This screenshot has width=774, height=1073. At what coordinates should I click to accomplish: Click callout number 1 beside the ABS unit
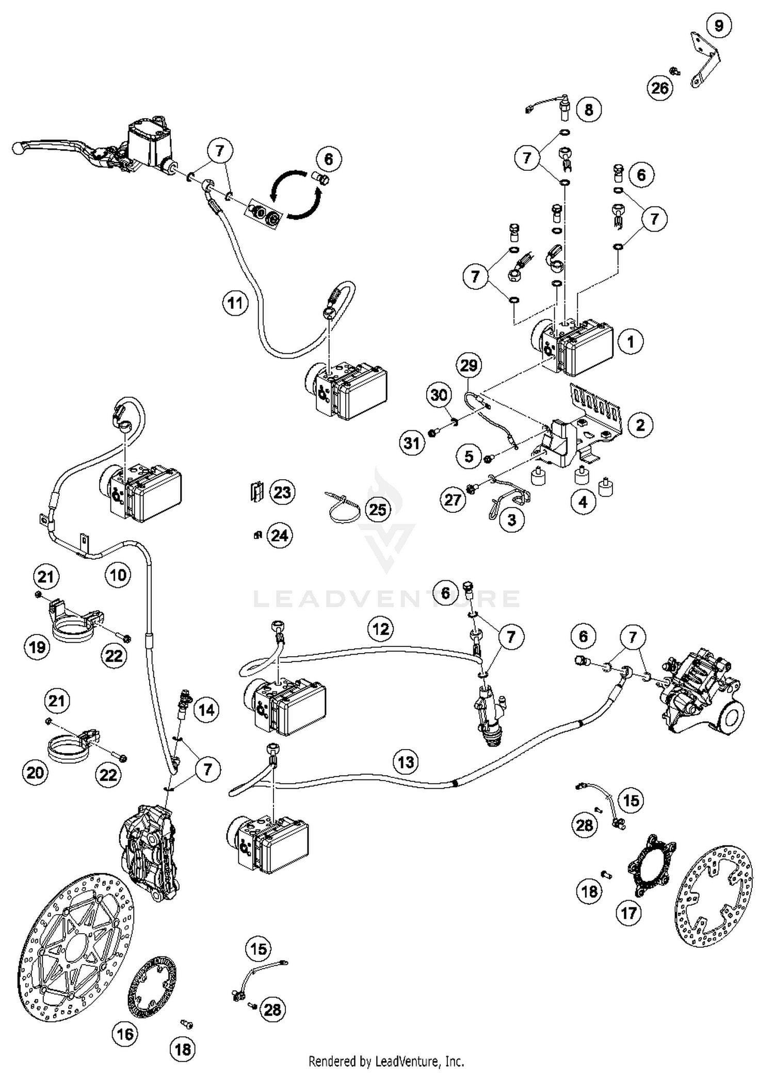click(x=630, y=342)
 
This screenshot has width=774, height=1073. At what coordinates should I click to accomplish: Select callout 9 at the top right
click(x=719, y=25)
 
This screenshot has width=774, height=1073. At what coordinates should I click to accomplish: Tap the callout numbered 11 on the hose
click(x=235, y=303)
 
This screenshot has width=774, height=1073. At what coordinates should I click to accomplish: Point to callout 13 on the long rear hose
click(x=406, y=761)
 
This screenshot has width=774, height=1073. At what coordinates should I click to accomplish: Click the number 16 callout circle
click(x=125, y=1034)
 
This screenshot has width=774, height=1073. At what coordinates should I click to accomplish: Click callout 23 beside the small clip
click(x=282, y=492)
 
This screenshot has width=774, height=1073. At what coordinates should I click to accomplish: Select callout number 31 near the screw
click(x=412, y=443)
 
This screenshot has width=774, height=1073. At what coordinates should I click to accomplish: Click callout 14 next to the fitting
click(x=206, y=710)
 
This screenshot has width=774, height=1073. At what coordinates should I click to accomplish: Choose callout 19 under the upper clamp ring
click(x=37, y=647)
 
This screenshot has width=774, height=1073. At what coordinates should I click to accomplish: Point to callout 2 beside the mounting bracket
click(x=640, y=425)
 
